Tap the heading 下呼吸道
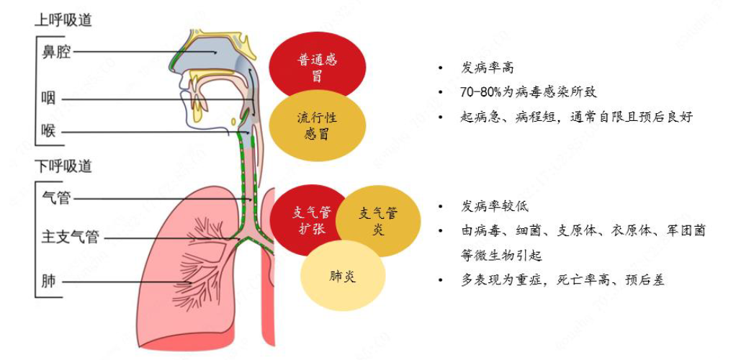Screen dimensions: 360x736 [63, 166]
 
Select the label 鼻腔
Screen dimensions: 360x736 [56, 52]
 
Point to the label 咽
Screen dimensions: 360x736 [48, 98]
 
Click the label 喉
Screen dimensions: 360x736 [48, 131]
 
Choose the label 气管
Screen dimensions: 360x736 [56, 197]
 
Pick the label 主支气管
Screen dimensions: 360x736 [70, 237]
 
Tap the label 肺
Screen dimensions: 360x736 [48, 281]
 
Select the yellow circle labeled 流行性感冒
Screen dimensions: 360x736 [317, 125]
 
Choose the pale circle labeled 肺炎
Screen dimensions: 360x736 [342, 276]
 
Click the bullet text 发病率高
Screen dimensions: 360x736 [488, 68]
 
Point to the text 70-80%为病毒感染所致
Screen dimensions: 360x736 [528, 92]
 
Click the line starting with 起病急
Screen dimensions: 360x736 [575, 117]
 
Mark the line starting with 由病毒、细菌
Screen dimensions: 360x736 [583, 230]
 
